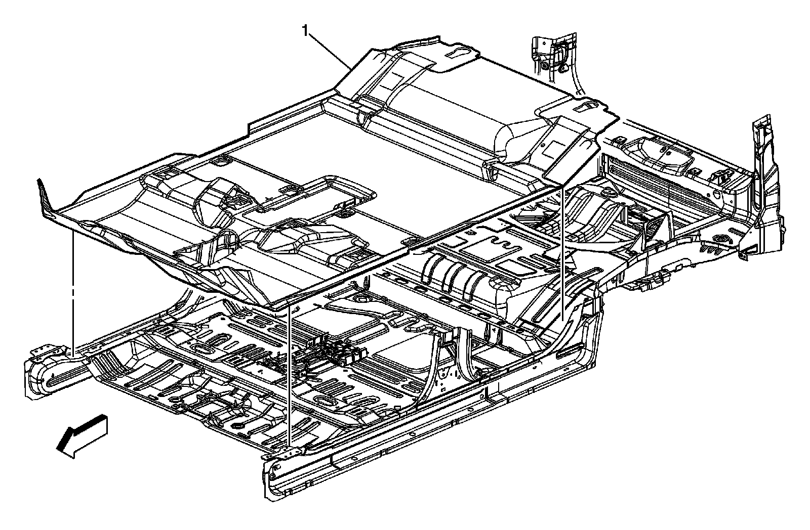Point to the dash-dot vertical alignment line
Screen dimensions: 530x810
(x=73, y=288)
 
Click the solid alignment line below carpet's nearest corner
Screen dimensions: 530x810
(x=289, y=374)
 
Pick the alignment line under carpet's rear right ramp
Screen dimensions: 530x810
(x=562, y=253)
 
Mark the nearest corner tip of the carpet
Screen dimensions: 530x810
(x=276, y=306)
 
